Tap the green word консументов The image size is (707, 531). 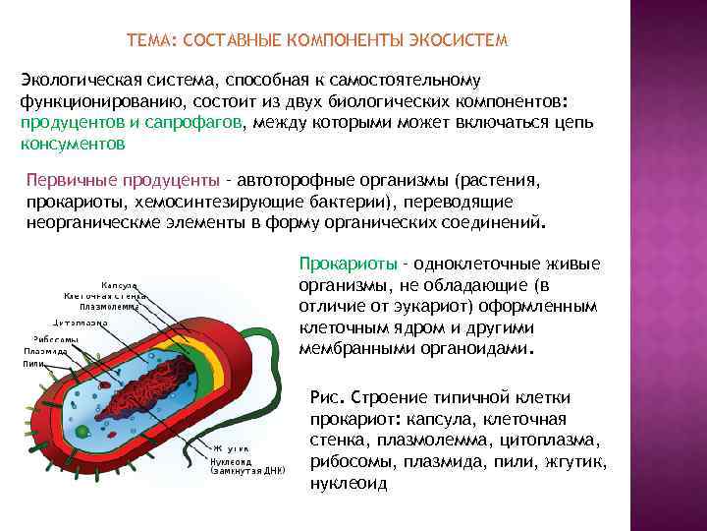tap(73, 144)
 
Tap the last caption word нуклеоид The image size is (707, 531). tap(348, 484)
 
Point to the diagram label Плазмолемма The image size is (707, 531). tap(108, 305)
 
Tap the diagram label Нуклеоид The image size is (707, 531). tap(232, 460)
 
